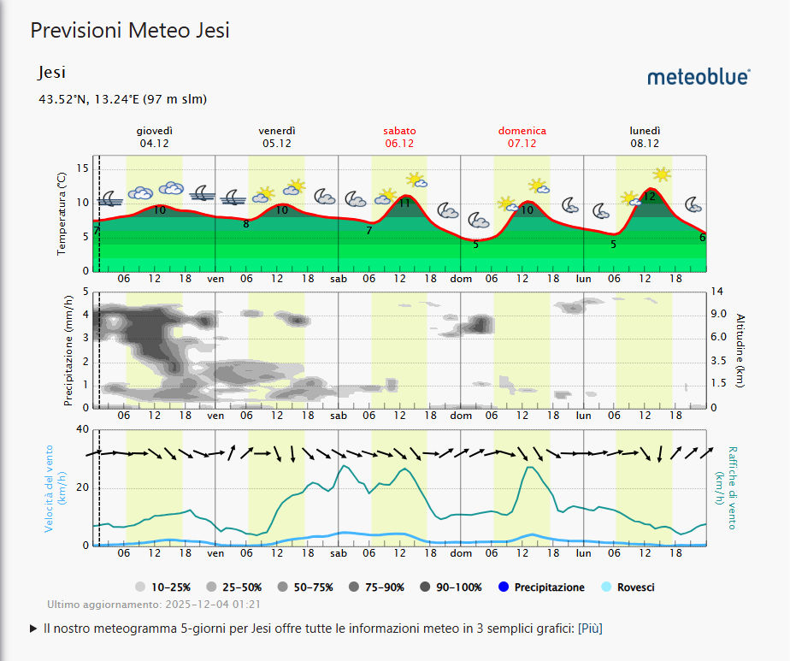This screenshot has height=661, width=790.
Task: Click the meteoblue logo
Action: (699, 77)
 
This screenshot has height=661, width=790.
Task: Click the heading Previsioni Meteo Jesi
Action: (130, 31)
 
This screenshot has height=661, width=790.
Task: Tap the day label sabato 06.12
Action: (399, 137)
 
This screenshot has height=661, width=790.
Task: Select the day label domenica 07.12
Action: (522, 137)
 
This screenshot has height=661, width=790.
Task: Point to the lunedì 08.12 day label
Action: (646, 137)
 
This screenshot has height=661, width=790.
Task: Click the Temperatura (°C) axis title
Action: (62, 213)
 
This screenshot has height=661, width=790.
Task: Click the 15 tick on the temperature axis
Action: (83, 168)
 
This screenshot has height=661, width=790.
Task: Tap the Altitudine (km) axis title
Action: (740, 350)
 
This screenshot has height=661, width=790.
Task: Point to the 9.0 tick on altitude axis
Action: (718, 315)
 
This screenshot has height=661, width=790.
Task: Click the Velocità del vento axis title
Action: (49, 487)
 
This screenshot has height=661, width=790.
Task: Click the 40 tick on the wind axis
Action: (82, 429)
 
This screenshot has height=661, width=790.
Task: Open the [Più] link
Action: (589, 629)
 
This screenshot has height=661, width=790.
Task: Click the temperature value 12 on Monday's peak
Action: (650, 197)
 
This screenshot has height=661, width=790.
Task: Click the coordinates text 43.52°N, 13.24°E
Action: (122, 99)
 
